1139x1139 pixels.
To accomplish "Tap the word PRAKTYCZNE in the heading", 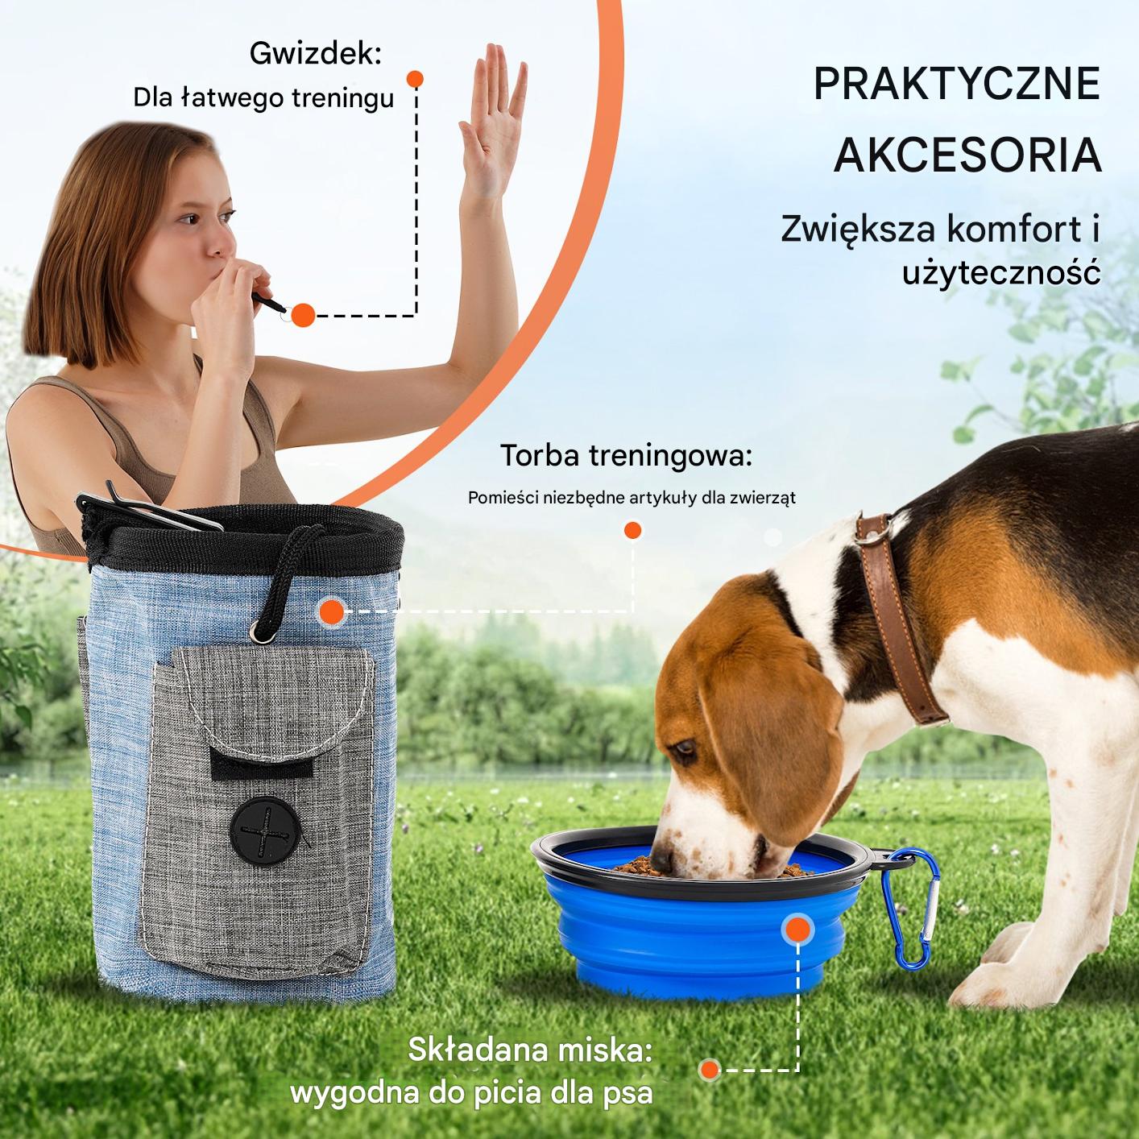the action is [956, 85].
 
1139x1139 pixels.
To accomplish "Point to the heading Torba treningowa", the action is [626, 456].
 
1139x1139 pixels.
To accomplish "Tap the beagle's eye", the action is [685, 748].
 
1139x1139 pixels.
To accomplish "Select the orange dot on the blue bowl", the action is [798, 929].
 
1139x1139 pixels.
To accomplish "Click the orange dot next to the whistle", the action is [303, 315].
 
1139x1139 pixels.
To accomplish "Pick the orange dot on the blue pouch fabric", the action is [333, 612].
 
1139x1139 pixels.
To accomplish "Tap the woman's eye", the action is [190, 219].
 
